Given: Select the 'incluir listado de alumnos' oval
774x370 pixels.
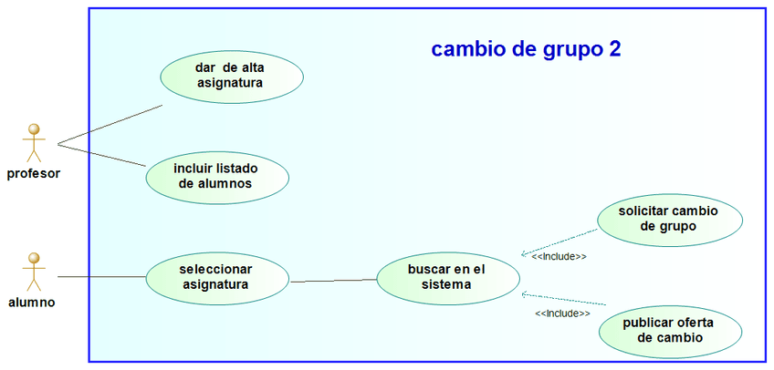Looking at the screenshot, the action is pos(216,176).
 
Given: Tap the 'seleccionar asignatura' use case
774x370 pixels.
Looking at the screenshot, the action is pos(216,276).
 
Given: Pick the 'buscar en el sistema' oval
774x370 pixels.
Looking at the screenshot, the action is pos(446,277).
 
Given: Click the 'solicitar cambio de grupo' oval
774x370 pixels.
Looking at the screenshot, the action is pos(668,218).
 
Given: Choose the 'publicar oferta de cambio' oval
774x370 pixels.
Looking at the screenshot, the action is pos(668,330).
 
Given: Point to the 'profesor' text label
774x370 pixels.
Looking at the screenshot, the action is pos(34,173).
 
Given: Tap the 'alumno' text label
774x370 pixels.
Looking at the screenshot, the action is pos(32,302).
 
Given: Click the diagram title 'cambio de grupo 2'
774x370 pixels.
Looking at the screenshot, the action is pos(526,49).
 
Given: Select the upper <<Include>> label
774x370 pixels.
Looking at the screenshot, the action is pos(559,257).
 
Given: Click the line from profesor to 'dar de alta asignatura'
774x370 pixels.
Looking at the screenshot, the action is pos(110,125).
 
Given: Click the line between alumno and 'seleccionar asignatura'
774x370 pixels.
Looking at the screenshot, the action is pos(100,276).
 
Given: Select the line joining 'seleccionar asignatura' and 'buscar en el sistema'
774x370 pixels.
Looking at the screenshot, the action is pos(333,281).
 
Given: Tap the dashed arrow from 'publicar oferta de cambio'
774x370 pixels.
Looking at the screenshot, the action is pos(564,299).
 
